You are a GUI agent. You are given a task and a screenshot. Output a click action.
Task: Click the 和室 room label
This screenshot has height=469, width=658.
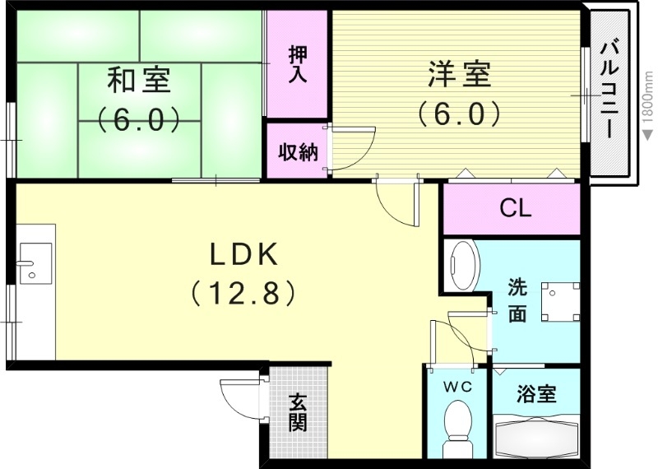coord(139,81)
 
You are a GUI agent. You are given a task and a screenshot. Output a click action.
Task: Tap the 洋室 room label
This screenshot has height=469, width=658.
coord(458,75)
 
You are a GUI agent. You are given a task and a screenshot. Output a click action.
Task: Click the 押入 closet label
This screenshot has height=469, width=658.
coord(298,64)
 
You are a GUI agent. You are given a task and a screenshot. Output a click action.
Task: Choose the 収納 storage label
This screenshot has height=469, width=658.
coord(297,151)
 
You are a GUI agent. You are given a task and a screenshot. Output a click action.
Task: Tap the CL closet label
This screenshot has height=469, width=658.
coord(516,209)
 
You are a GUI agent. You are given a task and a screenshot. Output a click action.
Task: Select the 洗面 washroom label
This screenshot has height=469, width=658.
coord(516,301)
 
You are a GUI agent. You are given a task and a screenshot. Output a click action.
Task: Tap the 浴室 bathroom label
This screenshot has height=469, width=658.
coord(536,394)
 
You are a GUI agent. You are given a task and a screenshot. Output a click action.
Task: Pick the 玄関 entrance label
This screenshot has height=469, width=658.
coord(297,413)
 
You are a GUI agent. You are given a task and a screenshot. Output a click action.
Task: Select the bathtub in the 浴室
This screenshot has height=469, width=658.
coord(538,437)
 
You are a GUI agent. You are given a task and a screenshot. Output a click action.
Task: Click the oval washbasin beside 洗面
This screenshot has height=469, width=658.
coord(464,265)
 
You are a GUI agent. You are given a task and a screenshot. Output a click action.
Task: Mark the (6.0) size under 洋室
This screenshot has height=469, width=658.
coord(458,113)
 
